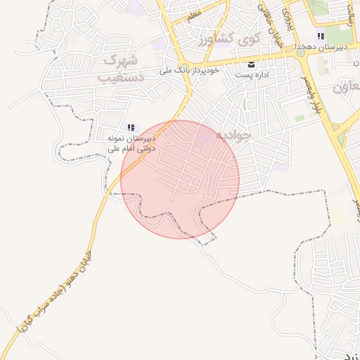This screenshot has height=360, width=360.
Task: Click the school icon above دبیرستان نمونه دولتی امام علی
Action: pyautogui.click(x=131, y=127)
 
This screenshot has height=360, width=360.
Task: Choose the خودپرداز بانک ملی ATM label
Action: pyautogui.click(x=191, y=71)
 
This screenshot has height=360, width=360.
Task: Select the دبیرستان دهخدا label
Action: pyautogui.click(x=321, y=46)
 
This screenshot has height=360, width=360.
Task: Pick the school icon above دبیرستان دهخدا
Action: pyautogui.click(x=321, y=36)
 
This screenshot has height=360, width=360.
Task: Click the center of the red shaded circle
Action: pyautogui.click(x=180, y=179)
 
